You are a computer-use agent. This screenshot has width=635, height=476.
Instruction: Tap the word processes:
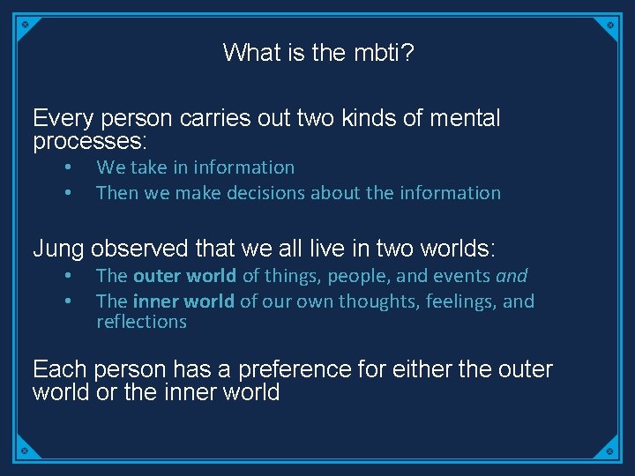coord(89,141)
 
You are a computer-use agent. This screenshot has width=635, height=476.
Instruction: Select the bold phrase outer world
coord(184,276)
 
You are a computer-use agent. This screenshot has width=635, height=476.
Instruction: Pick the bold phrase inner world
coord(183,301)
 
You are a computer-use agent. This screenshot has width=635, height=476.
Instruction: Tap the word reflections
coord(141,322)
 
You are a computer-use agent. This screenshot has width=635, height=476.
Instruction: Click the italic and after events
coord(512,276)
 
